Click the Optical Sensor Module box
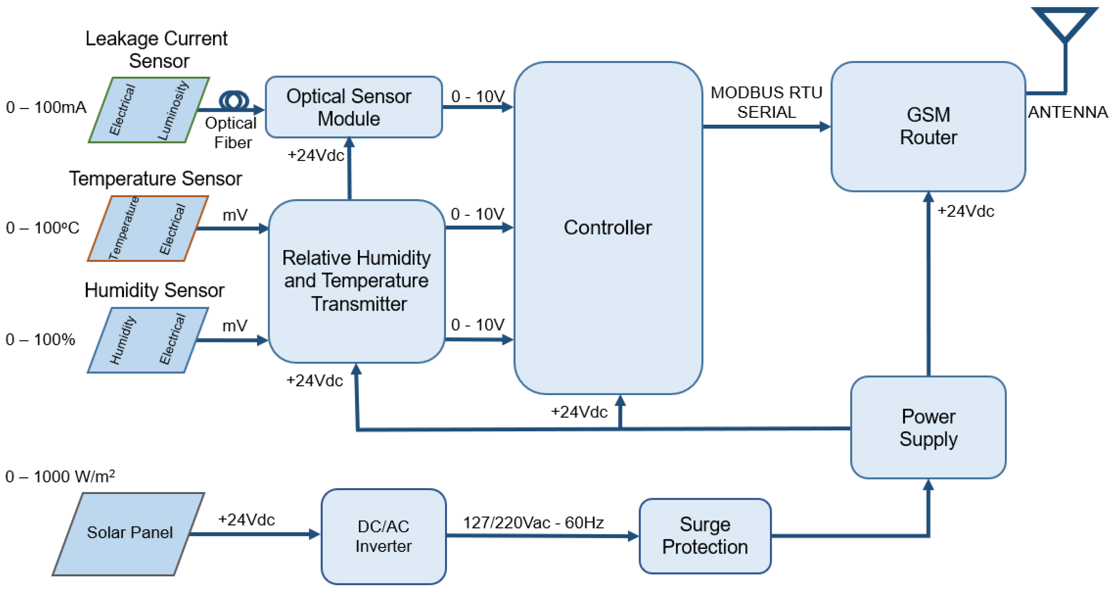(x=353, y=107)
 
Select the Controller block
(x=607, y=227)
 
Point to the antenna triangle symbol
(x=1064, y=23)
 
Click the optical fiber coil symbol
(x=234, y=100)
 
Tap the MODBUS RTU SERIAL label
(x=766, y=102)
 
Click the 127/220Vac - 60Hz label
(x=533, y=523)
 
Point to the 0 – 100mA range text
(x=46, y=107)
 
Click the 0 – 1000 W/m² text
(x=60, y=476)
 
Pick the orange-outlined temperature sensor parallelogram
(x=148, y=228)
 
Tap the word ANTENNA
(x=1067, y=112)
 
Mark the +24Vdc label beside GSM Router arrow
(x=965, y=211)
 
